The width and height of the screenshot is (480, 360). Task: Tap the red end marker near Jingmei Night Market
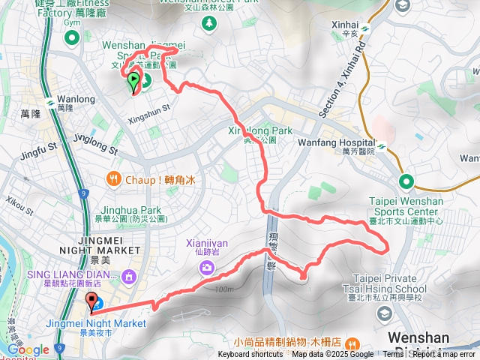[94, 303]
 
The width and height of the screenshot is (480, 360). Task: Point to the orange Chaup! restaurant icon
[113, 178]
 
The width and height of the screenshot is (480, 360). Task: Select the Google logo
[28, 349]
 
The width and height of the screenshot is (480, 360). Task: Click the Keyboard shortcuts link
[250, 355]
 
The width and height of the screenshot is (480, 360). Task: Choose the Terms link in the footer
[392, 355]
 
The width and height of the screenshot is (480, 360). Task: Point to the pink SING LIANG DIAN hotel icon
[130, 277]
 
